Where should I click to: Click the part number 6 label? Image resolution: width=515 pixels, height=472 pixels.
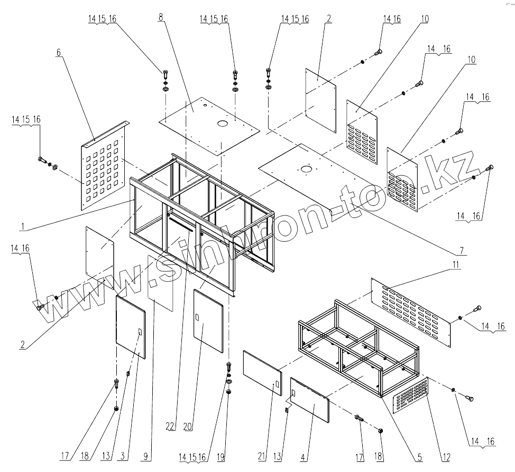click(59, 52)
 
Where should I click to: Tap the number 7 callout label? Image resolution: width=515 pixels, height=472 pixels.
click(461, 249)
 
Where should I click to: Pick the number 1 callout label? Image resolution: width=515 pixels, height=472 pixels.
click(23, 226)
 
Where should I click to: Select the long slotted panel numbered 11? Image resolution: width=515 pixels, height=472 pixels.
click(410, 307)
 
